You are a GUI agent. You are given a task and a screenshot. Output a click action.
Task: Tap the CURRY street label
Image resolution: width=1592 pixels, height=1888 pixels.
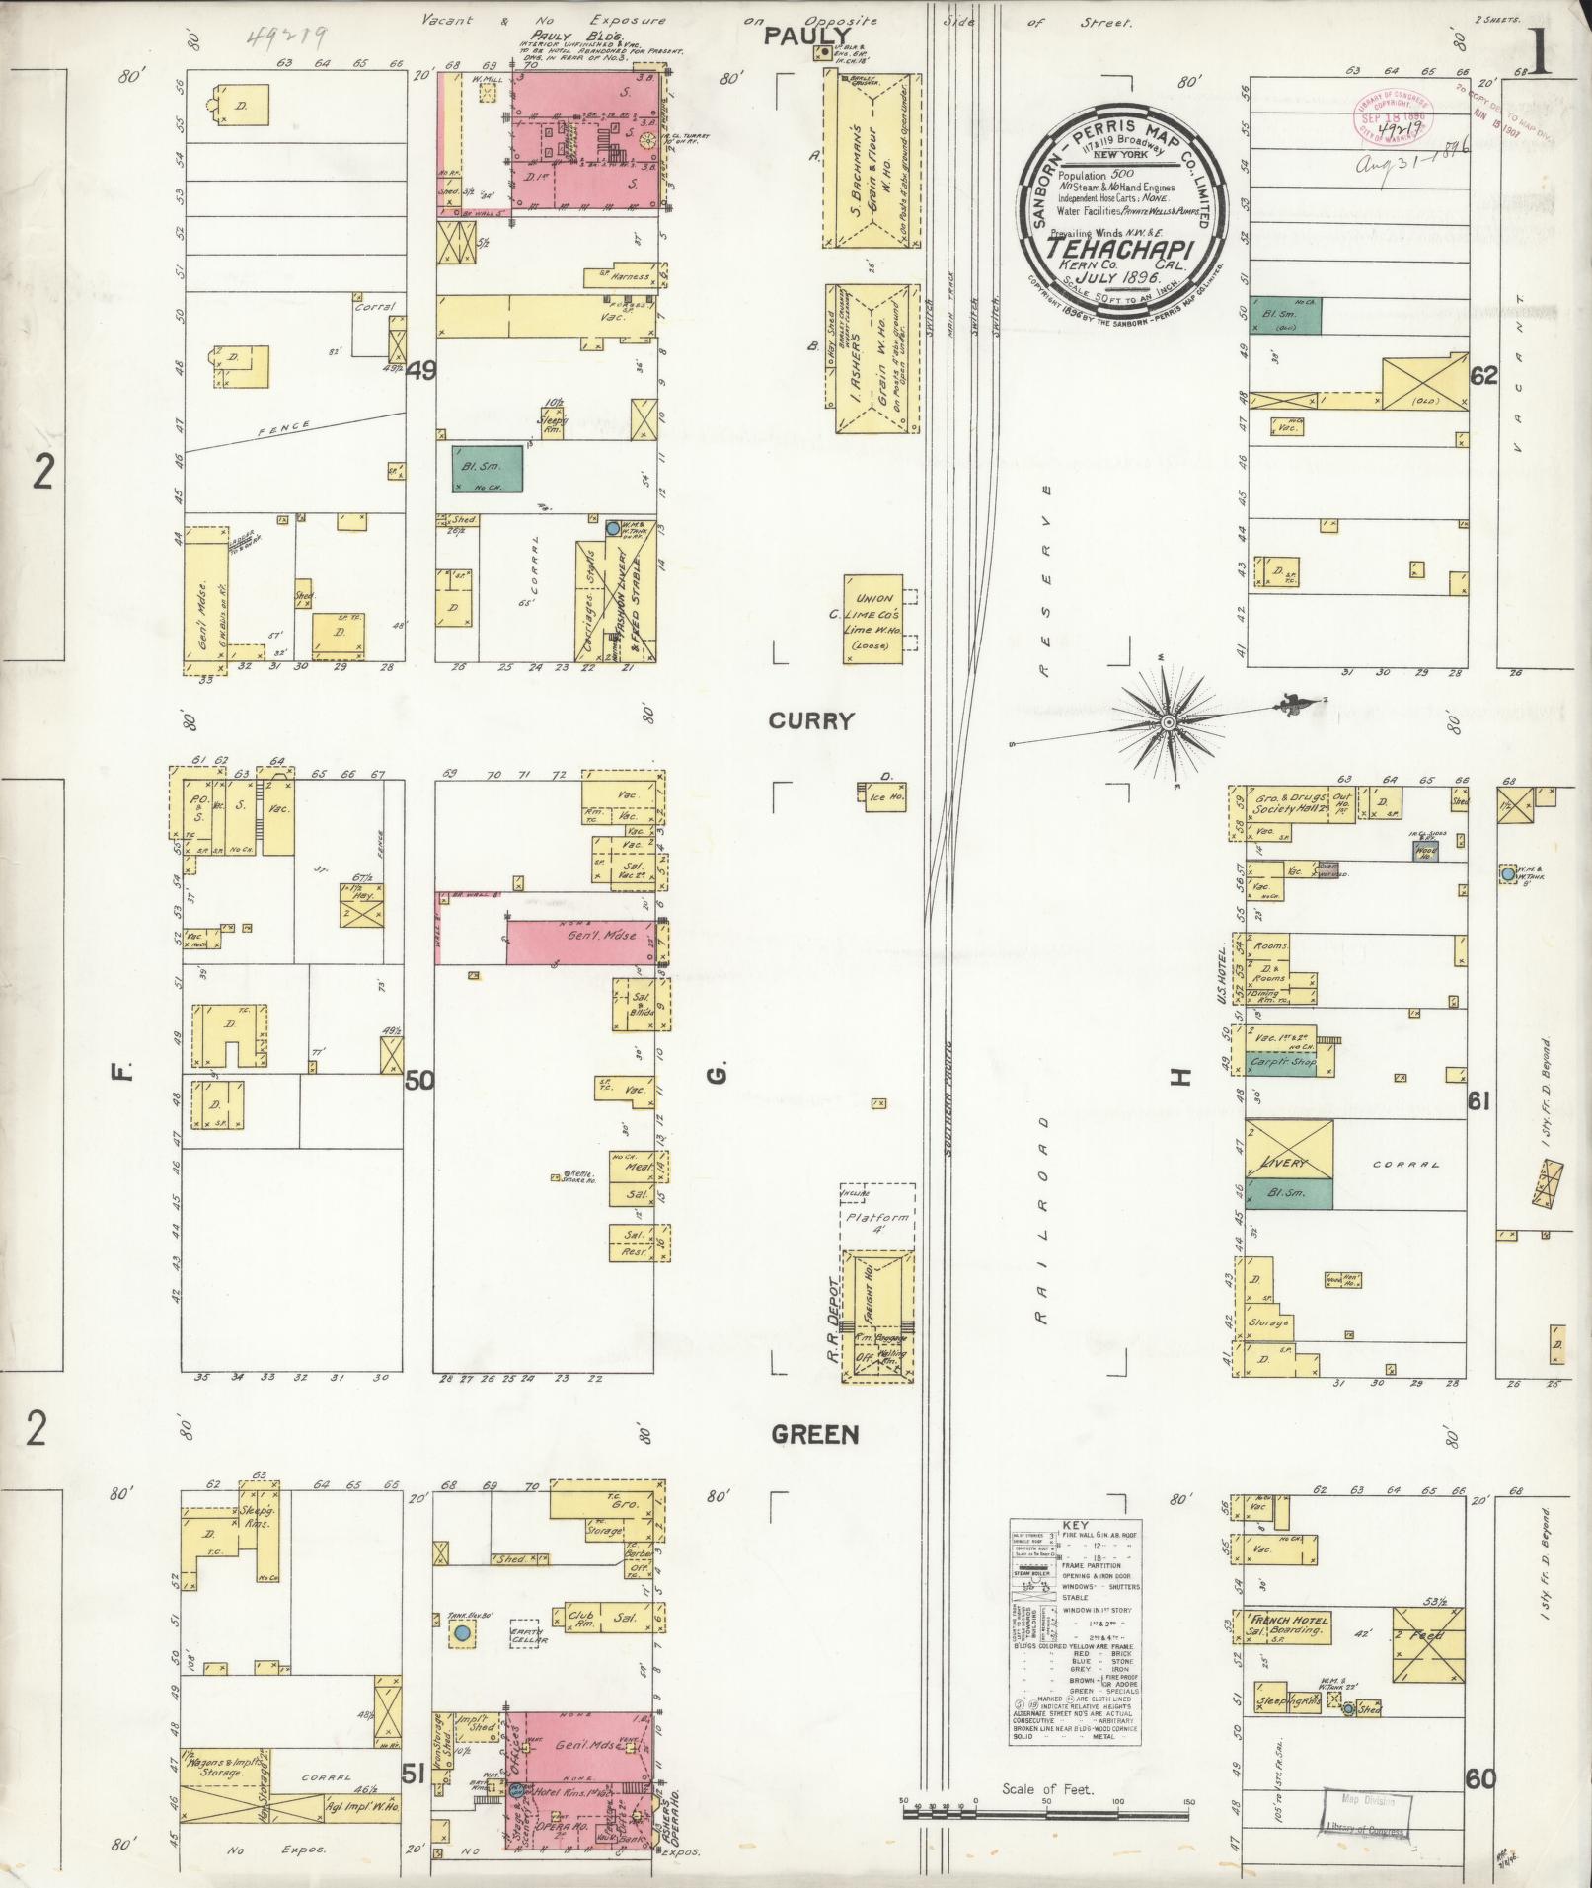[810, 721]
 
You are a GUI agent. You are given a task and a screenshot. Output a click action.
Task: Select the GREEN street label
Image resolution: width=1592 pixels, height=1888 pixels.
[815, 1434]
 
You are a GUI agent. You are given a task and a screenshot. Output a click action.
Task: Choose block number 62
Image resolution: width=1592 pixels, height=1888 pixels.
[1483, 375]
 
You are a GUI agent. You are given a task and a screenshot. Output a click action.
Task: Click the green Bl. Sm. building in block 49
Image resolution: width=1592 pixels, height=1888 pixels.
[487, 470]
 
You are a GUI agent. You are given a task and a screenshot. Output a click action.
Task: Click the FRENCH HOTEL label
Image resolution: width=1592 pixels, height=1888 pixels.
[1289, 1621]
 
